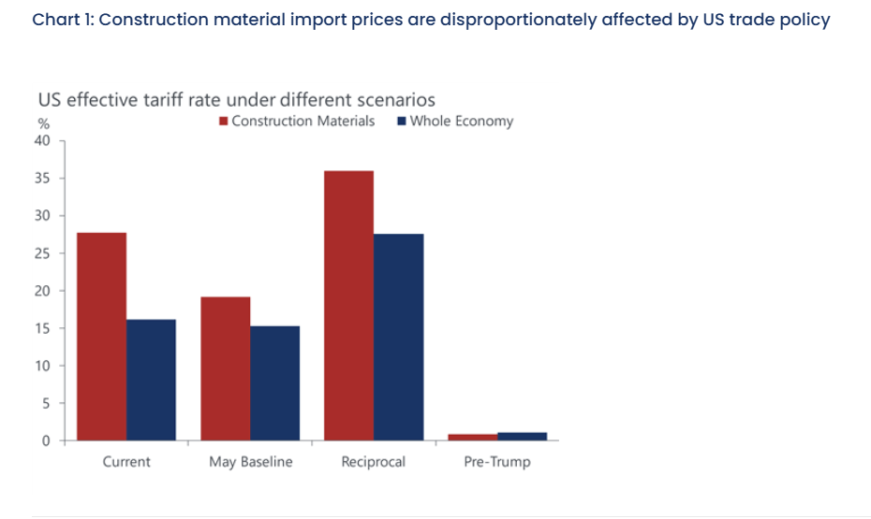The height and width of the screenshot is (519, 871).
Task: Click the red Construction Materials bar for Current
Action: point(101,337)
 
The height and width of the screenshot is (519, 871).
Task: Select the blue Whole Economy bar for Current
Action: point(151,380)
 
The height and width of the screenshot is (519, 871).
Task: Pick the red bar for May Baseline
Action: point(225,368)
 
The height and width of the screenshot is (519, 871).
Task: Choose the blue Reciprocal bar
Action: point(398,337)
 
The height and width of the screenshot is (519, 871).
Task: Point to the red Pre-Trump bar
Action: point(472,437)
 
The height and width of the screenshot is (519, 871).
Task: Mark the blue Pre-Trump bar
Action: point(522,436)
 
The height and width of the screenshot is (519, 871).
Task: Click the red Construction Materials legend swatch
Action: point(224,122)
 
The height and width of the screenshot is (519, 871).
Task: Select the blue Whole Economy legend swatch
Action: point(402,122)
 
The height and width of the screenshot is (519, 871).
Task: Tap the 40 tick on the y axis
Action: point(42,141)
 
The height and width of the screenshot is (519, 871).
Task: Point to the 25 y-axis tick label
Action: point(42,253)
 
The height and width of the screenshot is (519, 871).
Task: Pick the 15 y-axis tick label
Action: point(42,328)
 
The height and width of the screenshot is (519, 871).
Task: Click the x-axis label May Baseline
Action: point(250,462)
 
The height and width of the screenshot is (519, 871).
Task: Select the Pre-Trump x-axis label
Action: point(497,462)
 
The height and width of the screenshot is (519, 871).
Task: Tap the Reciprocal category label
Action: point(374,462)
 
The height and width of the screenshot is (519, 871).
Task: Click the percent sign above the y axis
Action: point(43,124)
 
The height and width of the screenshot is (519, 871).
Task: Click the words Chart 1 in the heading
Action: point(60,20)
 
